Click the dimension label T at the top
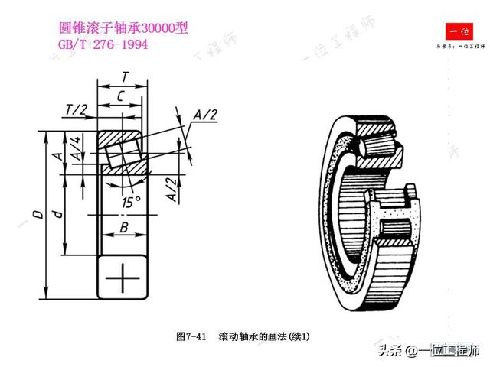pyautogui.click(x=125, y=77)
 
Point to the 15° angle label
pyautogui.click(x=130, y=202)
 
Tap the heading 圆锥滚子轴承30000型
pyautogui.click(x=122, y=28)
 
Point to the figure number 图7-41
pyautogui.click(x=191, y=336)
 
